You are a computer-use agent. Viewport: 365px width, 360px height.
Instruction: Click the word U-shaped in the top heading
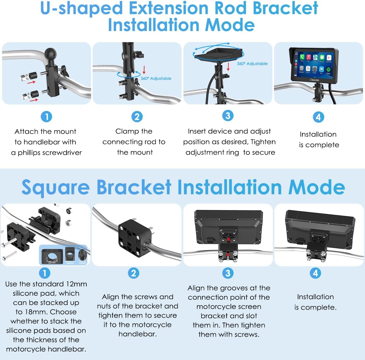[x=81, y=9]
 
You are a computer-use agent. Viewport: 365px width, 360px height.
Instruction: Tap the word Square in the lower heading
[x=55, y=187]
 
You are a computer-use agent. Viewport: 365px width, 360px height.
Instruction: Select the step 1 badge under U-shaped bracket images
[x=46, y=117]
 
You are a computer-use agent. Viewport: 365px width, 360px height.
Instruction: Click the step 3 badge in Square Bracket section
[x=228, y=273]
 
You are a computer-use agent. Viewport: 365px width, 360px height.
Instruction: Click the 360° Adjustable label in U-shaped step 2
[x=156, y=79]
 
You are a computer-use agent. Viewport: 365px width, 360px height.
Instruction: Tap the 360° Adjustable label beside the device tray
[x=252, y=64]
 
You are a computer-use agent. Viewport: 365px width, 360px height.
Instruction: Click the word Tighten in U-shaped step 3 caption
[x=263, y=142]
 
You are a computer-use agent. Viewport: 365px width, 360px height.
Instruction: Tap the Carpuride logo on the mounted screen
[x=315, y=80]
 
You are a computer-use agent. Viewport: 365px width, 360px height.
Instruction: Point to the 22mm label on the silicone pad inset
[x=52, y=262]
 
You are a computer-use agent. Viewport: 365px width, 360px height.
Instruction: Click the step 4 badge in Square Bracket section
[x=315, y=273]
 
